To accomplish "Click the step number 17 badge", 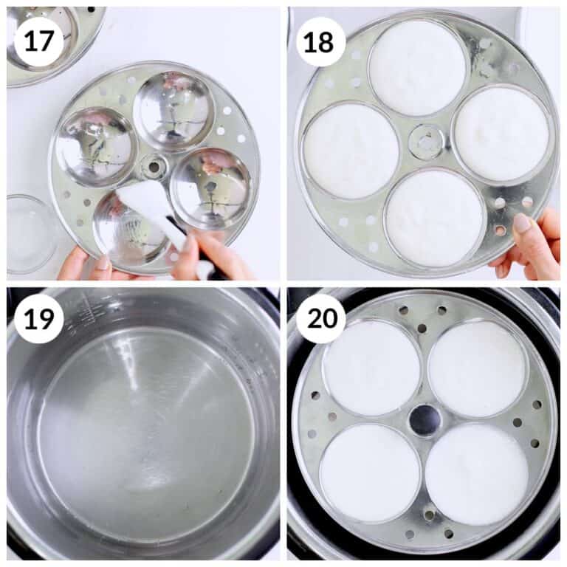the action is point(39,41).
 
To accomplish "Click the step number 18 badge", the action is point(320,41).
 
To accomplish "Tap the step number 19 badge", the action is point(39,319).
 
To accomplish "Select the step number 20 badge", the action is point(320,319).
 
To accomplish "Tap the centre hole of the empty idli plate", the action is point(154,167).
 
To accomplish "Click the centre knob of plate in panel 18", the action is point(427,142).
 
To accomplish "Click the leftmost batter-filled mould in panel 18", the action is point(351,151).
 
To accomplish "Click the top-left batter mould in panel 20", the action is point(372,368).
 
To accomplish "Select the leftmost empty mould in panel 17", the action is point(97,147).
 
